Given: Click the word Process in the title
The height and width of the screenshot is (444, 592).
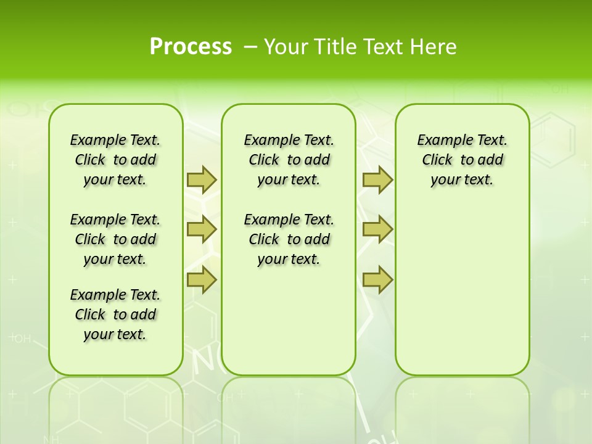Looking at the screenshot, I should tap(191, 47).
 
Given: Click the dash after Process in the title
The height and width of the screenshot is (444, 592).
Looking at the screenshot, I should tap(250, 47).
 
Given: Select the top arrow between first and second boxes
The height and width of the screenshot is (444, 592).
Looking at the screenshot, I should tap(202, 179).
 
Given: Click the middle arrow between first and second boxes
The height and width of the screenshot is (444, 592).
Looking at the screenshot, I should tap(202, 229).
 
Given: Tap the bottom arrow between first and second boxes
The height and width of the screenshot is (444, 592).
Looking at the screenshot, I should tap(202, 280).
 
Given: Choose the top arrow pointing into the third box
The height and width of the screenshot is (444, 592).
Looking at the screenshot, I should tap(377, 179).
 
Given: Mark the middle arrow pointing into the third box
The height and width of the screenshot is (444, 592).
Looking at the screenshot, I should tap(377, 229).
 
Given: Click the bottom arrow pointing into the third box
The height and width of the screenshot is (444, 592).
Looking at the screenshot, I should tap(377, 280).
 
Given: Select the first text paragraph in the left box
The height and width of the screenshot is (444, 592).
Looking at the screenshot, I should tap(115, 160).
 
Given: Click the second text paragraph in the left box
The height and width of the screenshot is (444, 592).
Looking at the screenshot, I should tap(115, 239).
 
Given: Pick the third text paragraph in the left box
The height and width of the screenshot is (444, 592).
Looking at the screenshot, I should tap(115, 314).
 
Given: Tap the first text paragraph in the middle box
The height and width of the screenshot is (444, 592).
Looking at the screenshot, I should tap(289, 160).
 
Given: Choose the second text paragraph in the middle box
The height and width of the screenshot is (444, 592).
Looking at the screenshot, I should tap(289, 239).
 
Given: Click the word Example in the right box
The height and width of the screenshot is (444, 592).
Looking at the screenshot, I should tap(439, 141).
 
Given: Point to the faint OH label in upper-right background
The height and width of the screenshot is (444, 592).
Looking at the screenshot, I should tap(559, 90).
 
